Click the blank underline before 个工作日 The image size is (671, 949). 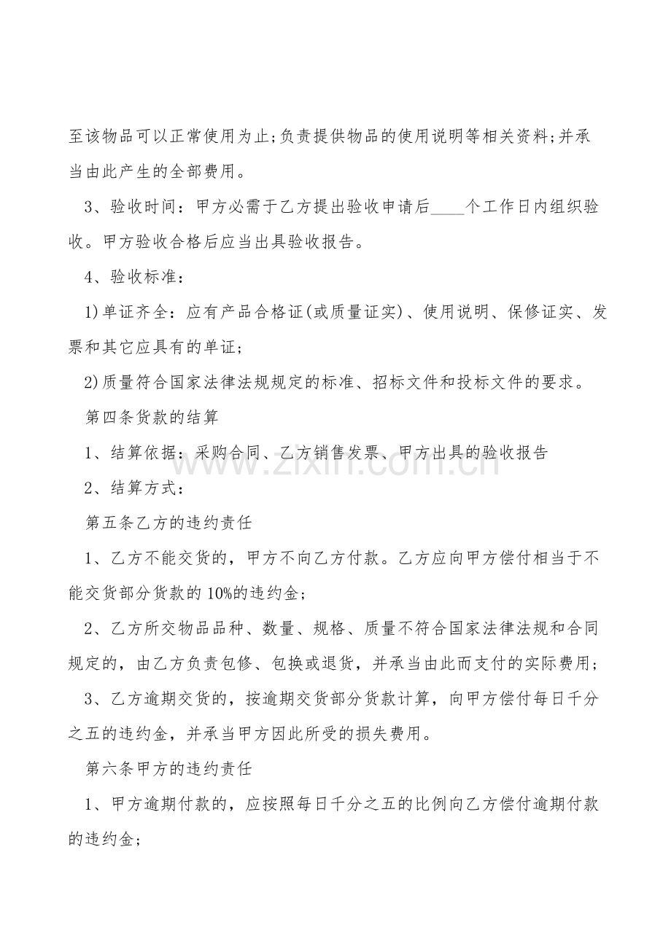pyautogui.click(x=447, y=208)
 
